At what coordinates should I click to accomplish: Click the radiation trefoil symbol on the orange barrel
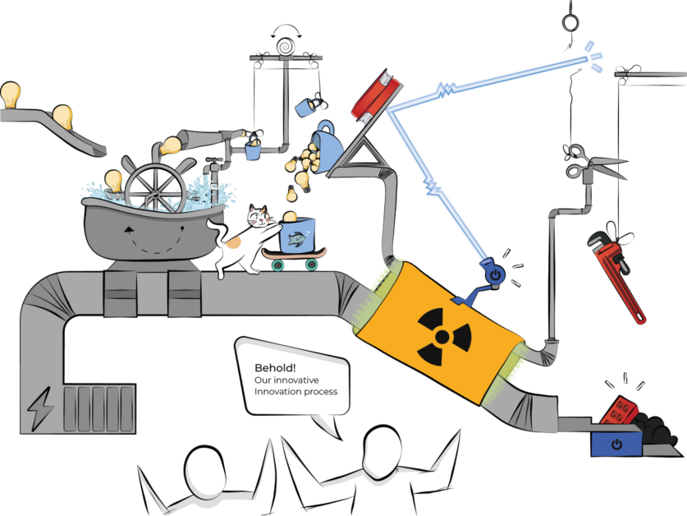(443, 336)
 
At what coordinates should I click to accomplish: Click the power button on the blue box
(616, 444)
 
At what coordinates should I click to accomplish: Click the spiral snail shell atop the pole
(286, 47)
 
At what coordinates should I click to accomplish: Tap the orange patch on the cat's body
(232, 242)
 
